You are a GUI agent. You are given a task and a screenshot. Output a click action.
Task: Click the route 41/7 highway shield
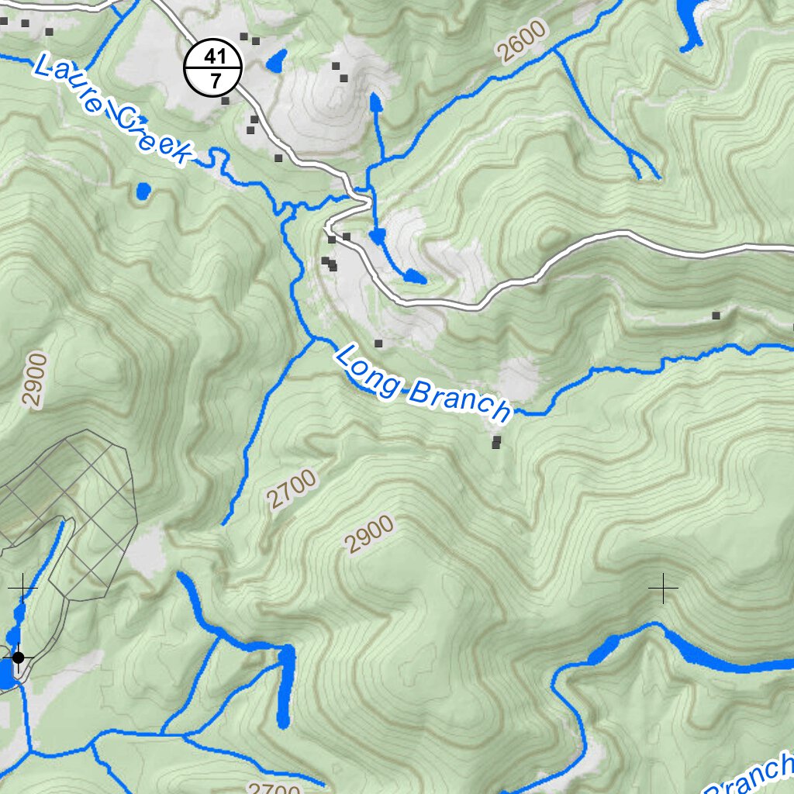tap(214, 68)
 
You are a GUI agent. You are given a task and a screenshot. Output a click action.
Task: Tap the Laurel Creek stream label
tap(113, 109)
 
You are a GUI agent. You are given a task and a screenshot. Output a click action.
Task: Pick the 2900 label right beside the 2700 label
tap(370, 535)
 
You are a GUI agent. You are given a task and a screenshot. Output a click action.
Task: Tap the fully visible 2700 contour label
tap(293, 490)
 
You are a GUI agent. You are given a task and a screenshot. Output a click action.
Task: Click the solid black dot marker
tap(19, 658)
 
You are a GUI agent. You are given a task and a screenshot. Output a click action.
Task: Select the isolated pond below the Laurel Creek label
tap(143, 190)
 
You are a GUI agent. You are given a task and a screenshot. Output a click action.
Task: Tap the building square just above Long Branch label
tap(378, 343)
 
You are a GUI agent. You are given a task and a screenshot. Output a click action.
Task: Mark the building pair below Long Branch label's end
tap(496, 442)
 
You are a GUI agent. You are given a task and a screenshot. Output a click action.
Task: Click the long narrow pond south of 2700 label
tap(285, 686)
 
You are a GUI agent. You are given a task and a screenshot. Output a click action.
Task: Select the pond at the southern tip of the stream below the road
tap(413, 277)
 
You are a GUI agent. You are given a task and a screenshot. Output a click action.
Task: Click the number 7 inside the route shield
tap(214, 81)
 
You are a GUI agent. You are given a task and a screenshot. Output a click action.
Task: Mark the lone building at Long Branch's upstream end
tap(716, 316)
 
